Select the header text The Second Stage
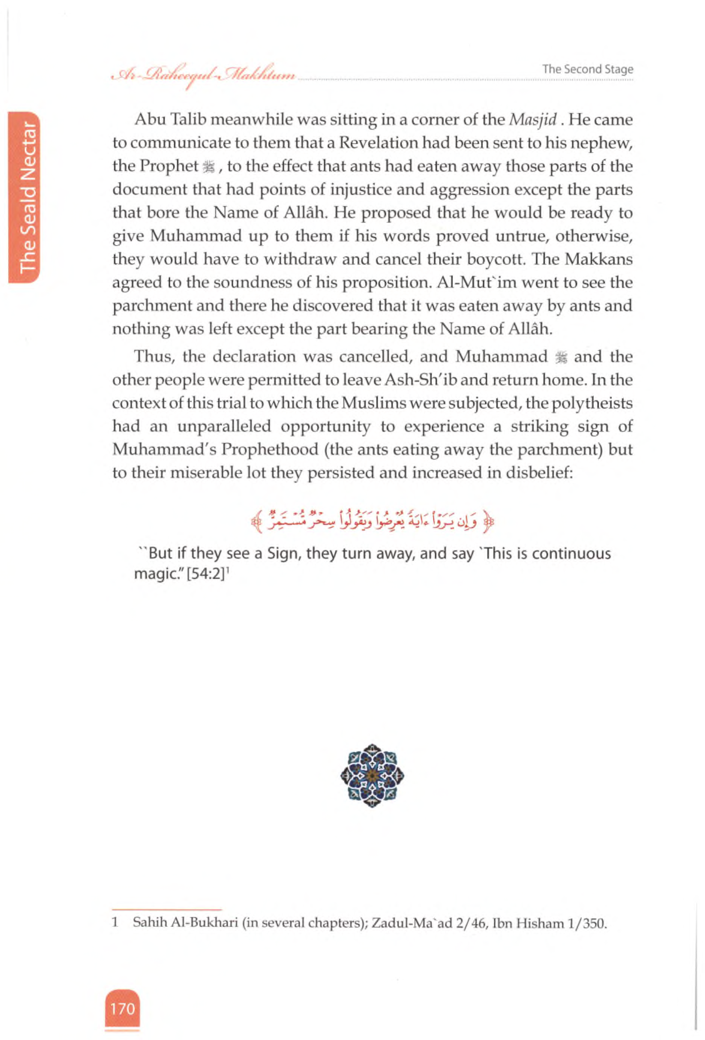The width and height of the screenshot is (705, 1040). tap(587, 69)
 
